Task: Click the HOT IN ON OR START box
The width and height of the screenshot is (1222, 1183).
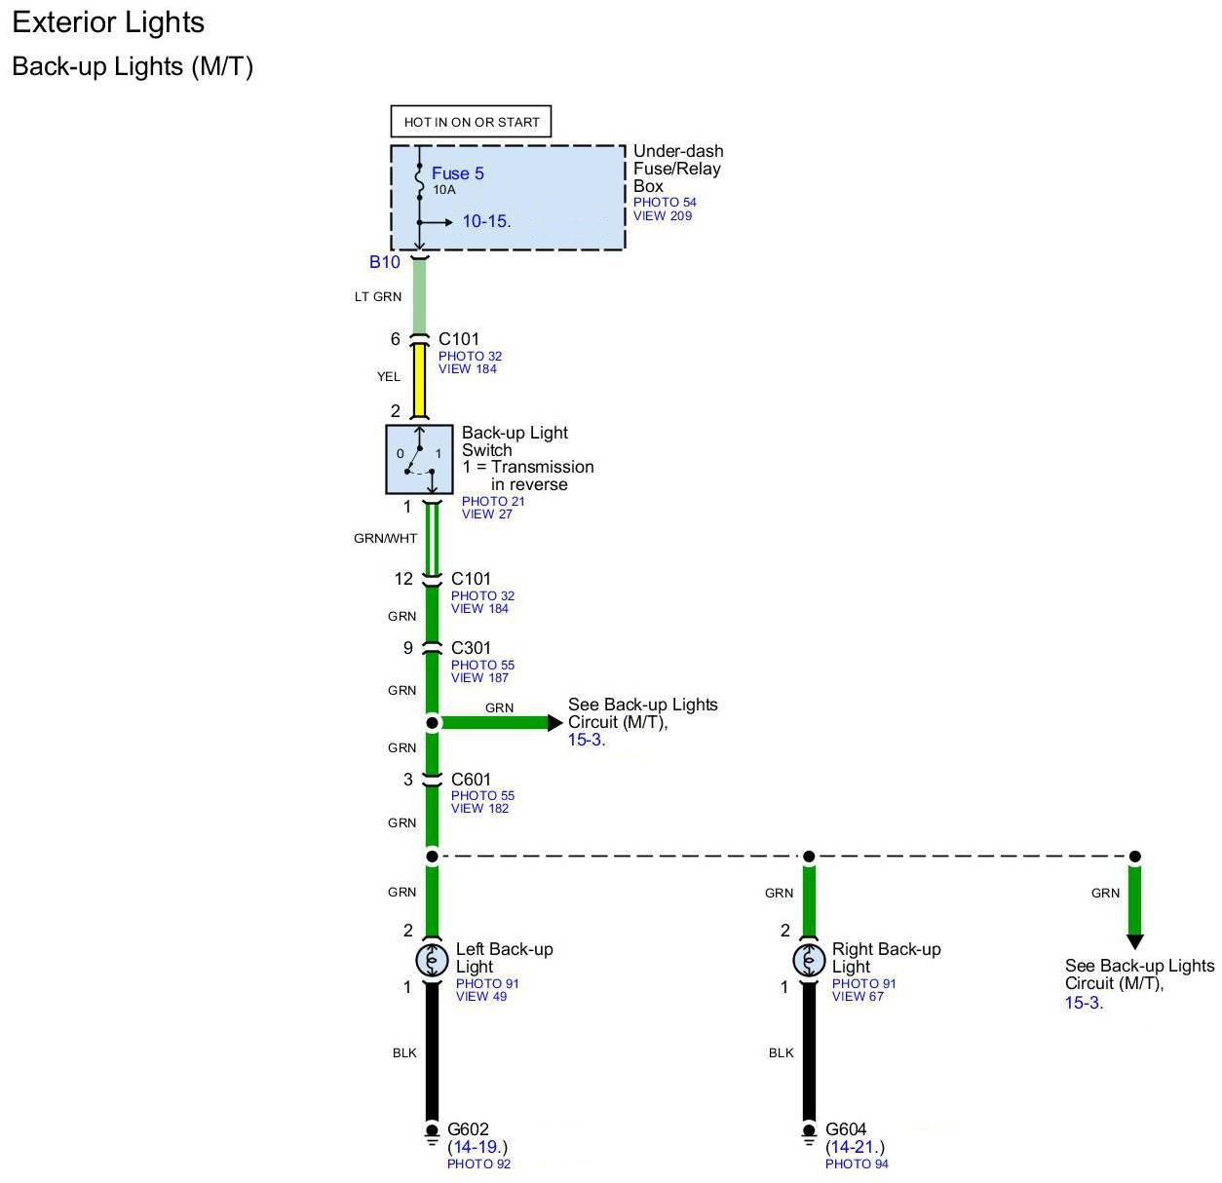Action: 471,122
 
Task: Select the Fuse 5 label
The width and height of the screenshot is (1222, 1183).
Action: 457,173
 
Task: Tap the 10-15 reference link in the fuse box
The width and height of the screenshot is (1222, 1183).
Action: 484,221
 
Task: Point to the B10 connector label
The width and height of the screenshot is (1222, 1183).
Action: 384,262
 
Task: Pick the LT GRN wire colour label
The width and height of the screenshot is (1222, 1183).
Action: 377,296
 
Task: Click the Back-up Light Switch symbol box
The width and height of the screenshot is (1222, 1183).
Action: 420,459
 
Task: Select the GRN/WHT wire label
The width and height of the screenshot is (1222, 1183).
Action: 385,538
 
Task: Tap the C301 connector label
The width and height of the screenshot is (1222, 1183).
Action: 471,648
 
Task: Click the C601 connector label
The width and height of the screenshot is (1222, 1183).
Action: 471,780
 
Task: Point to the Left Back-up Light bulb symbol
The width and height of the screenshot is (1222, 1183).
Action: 432,961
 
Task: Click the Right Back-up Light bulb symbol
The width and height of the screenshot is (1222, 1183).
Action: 809,961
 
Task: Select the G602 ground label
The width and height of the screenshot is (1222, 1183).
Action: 468,1130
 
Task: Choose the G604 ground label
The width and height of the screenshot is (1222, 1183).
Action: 846,1130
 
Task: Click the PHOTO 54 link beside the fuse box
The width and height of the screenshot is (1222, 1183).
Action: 665,203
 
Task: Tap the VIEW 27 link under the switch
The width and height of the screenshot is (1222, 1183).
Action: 486,515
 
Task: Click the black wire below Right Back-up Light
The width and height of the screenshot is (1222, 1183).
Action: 809,1052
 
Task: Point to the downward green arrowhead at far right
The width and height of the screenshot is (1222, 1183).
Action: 1134,941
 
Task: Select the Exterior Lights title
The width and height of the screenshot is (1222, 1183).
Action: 108,22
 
